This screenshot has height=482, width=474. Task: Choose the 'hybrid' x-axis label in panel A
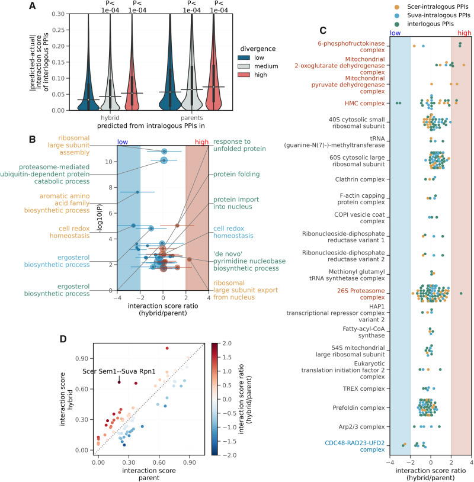(111, 117)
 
